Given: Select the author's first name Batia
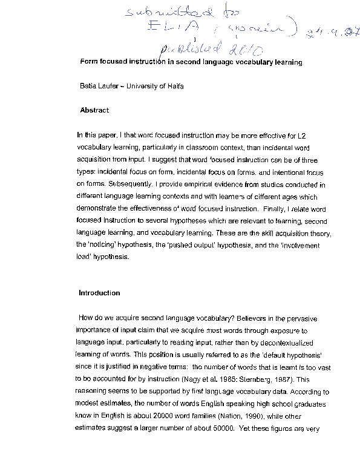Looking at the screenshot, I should pos(90,86).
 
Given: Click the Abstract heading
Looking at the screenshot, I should pos(94,110).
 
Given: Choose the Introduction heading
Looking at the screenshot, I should pos(99,293).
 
